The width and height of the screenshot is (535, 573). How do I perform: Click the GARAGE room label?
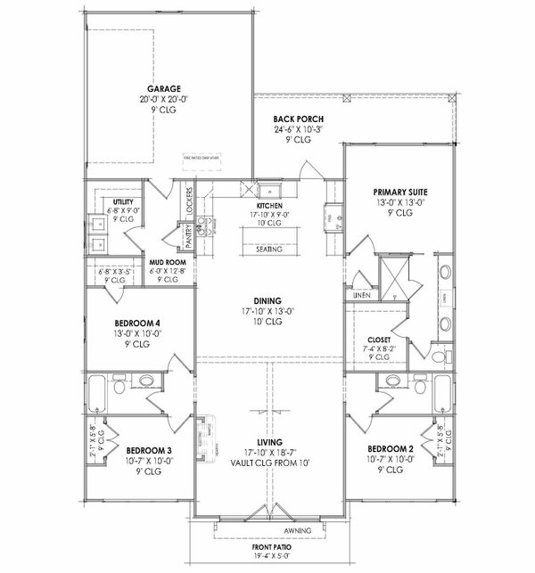(166, 89)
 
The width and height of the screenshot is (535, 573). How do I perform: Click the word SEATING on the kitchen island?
(268, 250)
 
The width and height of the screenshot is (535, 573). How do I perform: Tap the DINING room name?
(267, 300)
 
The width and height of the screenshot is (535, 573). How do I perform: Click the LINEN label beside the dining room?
(361, 294)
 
